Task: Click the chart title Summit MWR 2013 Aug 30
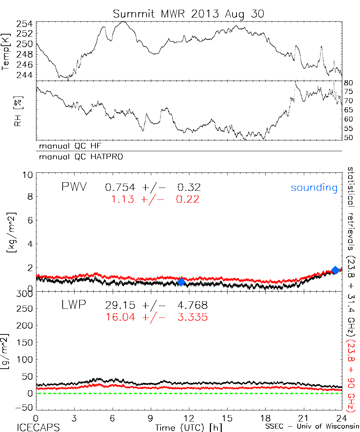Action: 189,14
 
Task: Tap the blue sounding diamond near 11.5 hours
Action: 181,282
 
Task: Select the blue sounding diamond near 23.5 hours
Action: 335,270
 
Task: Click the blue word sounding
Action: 314,188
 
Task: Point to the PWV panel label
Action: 74,187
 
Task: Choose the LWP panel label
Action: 74,305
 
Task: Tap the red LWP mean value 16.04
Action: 121,317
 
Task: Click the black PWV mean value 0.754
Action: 120,188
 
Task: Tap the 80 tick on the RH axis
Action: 348,82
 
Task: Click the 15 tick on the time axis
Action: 227,418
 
